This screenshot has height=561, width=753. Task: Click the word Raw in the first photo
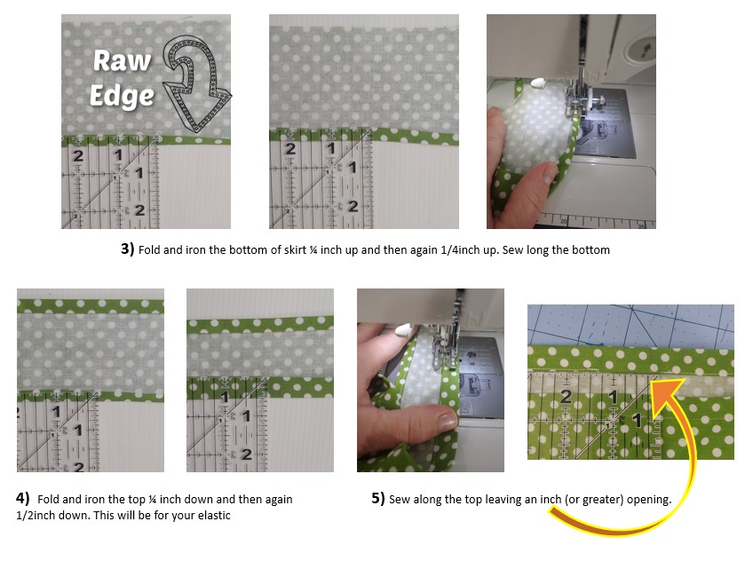coord(122,61)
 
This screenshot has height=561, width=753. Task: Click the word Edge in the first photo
coord(122,96)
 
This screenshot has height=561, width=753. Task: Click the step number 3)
coord(127,249)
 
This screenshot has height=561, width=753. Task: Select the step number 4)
coord(22,498)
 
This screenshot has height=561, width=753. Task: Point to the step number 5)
coord(378,498)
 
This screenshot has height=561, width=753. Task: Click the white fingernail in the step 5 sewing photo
coord(402,330)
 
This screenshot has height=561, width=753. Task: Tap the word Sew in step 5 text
coord(399,500)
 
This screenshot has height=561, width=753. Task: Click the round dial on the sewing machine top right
coord(639,50)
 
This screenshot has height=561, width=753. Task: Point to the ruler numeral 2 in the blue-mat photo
coord(566,397)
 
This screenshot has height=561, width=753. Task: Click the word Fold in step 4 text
coord(48,500)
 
